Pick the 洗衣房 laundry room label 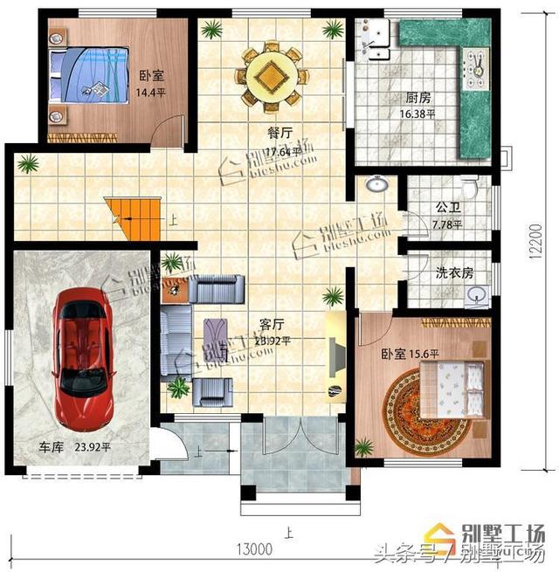pyautogui.click(x=454, y=272)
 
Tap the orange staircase pyautogui.click(x=132, y=218)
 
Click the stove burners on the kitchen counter pyautogui.click(x=479, y=65)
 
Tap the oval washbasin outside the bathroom pyautogui.click(x=377, y=185)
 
